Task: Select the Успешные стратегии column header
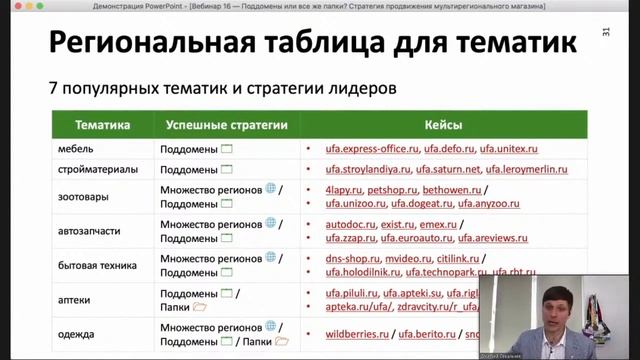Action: pos(229,126)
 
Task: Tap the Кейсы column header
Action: pos(443,126)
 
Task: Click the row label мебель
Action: pos(76,149)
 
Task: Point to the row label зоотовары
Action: pos(84,196)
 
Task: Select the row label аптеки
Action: pos(77,299)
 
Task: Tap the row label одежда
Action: pos(78,334)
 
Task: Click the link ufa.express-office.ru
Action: pos(368,149)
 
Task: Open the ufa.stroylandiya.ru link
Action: pos(368,169)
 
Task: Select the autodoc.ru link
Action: pos(350,223)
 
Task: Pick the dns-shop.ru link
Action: pos(352,258)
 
